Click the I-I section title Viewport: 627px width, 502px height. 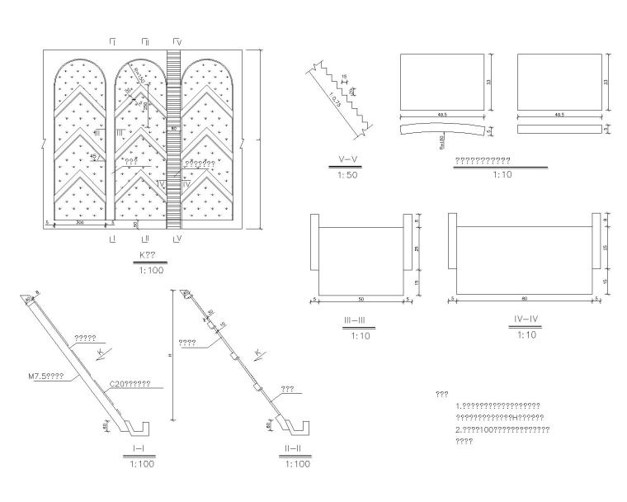pos(139,450)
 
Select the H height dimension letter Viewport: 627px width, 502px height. pos(169,356)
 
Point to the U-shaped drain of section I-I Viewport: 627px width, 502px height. pos(140,428)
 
